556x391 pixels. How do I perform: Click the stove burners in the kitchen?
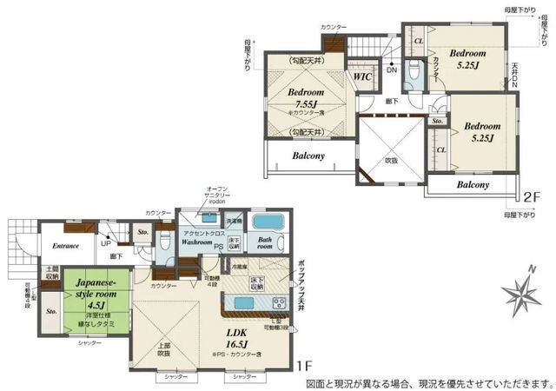280,303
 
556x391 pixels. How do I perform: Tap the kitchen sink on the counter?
244,303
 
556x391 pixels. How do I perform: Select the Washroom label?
197,243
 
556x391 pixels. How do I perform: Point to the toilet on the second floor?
414,70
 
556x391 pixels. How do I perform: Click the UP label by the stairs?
106,246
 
